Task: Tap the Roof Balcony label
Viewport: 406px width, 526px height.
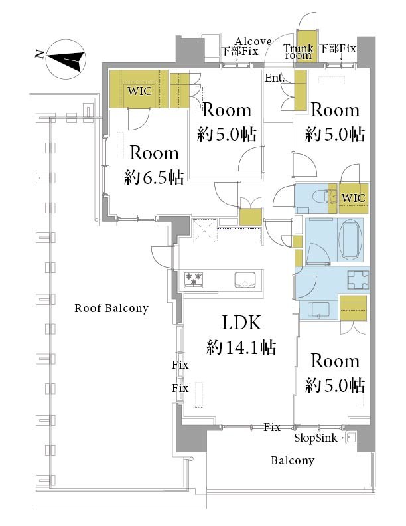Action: (111, 308)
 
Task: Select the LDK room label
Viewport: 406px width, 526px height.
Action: (241, 323)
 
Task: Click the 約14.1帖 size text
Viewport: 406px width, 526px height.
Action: (241, 347)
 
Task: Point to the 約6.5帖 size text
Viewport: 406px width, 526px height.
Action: (154, 177)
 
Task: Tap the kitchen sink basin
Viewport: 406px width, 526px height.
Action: (245, 280)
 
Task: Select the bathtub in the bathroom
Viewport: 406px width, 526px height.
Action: (351, 240)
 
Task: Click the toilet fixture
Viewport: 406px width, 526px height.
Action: (316, 195)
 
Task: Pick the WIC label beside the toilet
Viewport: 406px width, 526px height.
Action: (353, 198)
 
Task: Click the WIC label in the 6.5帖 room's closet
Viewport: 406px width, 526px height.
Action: (139, 91)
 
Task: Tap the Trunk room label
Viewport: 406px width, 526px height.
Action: (298, 52)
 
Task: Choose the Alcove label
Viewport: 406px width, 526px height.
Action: (253, 41)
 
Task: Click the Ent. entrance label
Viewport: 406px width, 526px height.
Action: (275, 78)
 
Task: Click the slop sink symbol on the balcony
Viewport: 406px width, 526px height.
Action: (351, 438)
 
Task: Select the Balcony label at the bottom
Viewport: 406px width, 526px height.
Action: (293, 460)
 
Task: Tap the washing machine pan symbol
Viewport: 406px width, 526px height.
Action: (358, 280)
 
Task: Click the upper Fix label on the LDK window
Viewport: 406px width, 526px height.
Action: (180, 365)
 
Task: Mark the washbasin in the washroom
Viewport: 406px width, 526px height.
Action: (318, 309)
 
